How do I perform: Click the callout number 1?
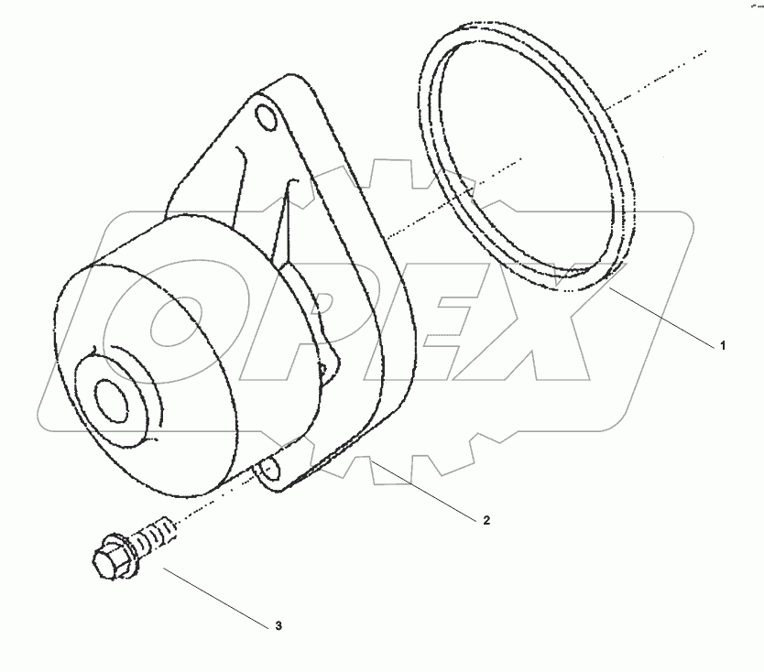[x=722, y=346]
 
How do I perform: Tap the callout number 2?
[x=486, y=520]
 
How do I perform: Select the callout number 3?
[x=278, y=627]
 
